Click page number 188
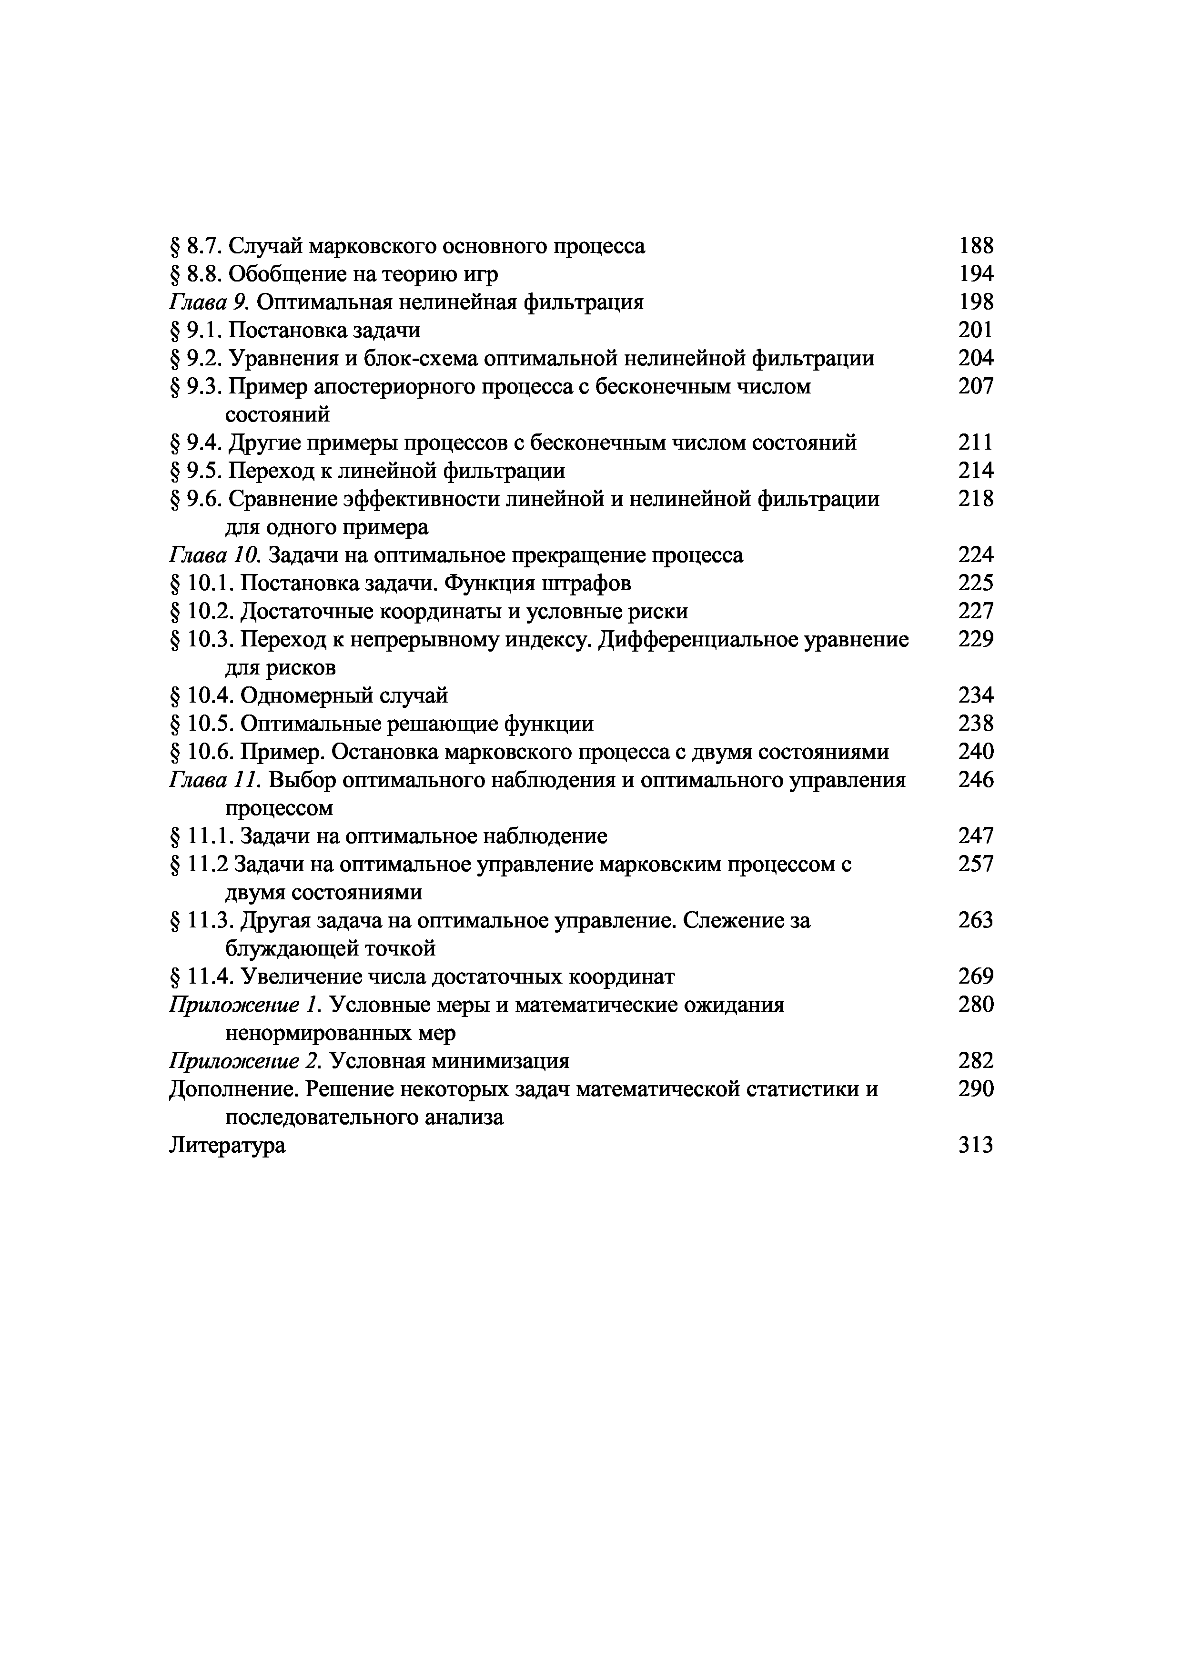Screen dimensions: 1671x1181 coord(975,246)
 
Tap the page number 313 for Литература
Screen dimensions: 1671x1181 coord(975,1146)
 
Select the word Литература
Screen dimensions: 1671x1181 coord(227,1146)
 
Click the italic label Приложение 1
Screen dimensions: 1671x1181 coord(245,1005)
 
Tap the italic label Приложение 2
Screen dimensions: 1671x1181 coord(245,1061)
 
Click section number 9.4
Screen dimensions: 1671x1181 coord(204,443)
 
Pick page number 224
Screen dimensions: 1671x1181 coord(975,555)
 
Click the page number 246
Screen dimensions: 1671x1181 coord(975,780)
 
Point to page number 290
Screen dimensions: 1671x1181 coord(975,1089)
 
